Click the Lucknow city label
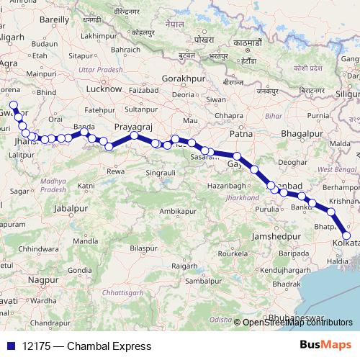pyautogui.click(x=104, y=89)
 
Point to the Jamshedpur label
pyautogui.click(x=276, y=236)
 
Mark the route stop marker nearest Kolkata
pyautogui.click(x=346, y=235)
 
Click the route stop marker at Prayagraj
pyautogui.click(x=134, y=135)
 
